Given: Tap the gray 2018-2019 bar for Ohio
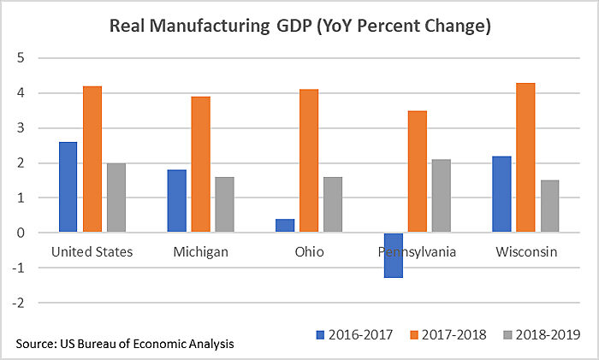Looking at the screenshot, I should coord(333,204).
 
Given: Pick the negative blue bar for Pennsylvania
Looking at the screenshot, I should coord(394,255).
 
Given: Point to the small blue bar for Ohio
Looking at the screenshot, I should coord(285,226).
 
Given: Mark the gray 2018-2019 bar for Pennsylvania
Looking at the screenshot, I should coord(442,196).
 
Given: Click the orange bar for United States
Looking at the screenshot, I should coord(92,159).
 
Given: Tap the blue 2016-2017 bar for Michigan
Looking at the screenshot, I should coord(176,201).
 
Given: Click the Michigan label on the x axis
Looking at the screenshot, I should coord(199,252).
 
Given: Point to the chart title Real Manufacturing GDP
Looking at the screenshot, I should coord(299,26).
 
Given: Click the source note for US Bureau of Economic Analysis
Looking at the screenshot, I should coord(125,344).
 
